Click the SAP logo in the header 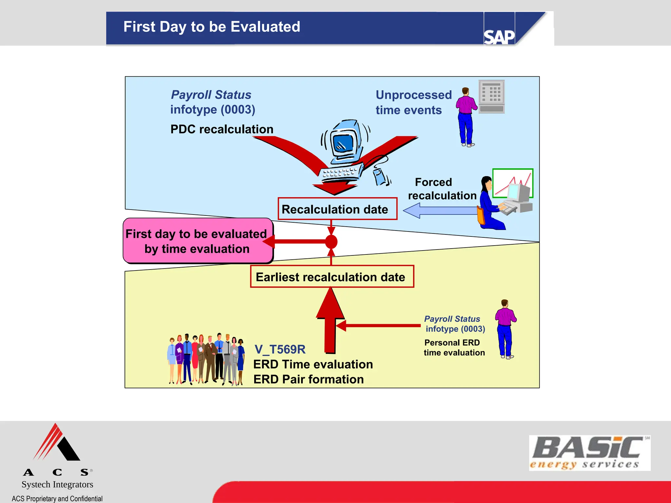point(499,37)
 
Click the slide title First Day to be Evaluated point(212,27)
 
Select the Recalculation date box point(337,209)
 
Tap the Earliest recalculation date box point(332,277)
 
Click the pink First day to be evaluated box point(197,241)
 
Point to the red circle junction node point(331,242)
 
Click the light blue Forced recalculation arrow point(439,211)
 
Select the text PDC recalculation point(222,129)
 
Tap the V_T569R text point(280,349)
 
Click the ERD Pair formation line point(308,379)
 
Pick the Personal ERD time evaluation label point(454,347)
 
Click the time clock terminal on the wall point(491,97)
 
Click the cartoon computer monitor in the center point(344,142)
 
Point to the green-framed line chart point(512,182)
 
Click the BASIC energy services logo point(589,453)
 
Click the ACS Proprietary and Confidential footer point(57,498)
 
